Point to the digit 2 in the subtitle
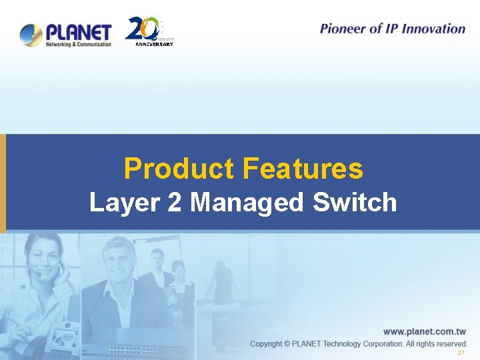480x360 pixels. pos(174,202)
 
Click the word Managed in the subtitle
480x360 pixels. pos(246,203)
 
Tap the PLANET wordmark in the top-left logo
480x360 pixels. pos(78,31)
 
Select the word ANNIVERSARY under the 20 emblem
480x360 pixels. pos(154,45)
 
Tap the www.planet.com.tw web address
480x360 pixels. pos(424,331)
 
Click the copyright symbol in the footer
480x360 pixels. pos(287,344)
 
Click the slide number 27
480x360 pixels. pos(460,353)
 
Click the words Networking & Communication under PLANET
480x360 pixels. pos(78,44)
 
